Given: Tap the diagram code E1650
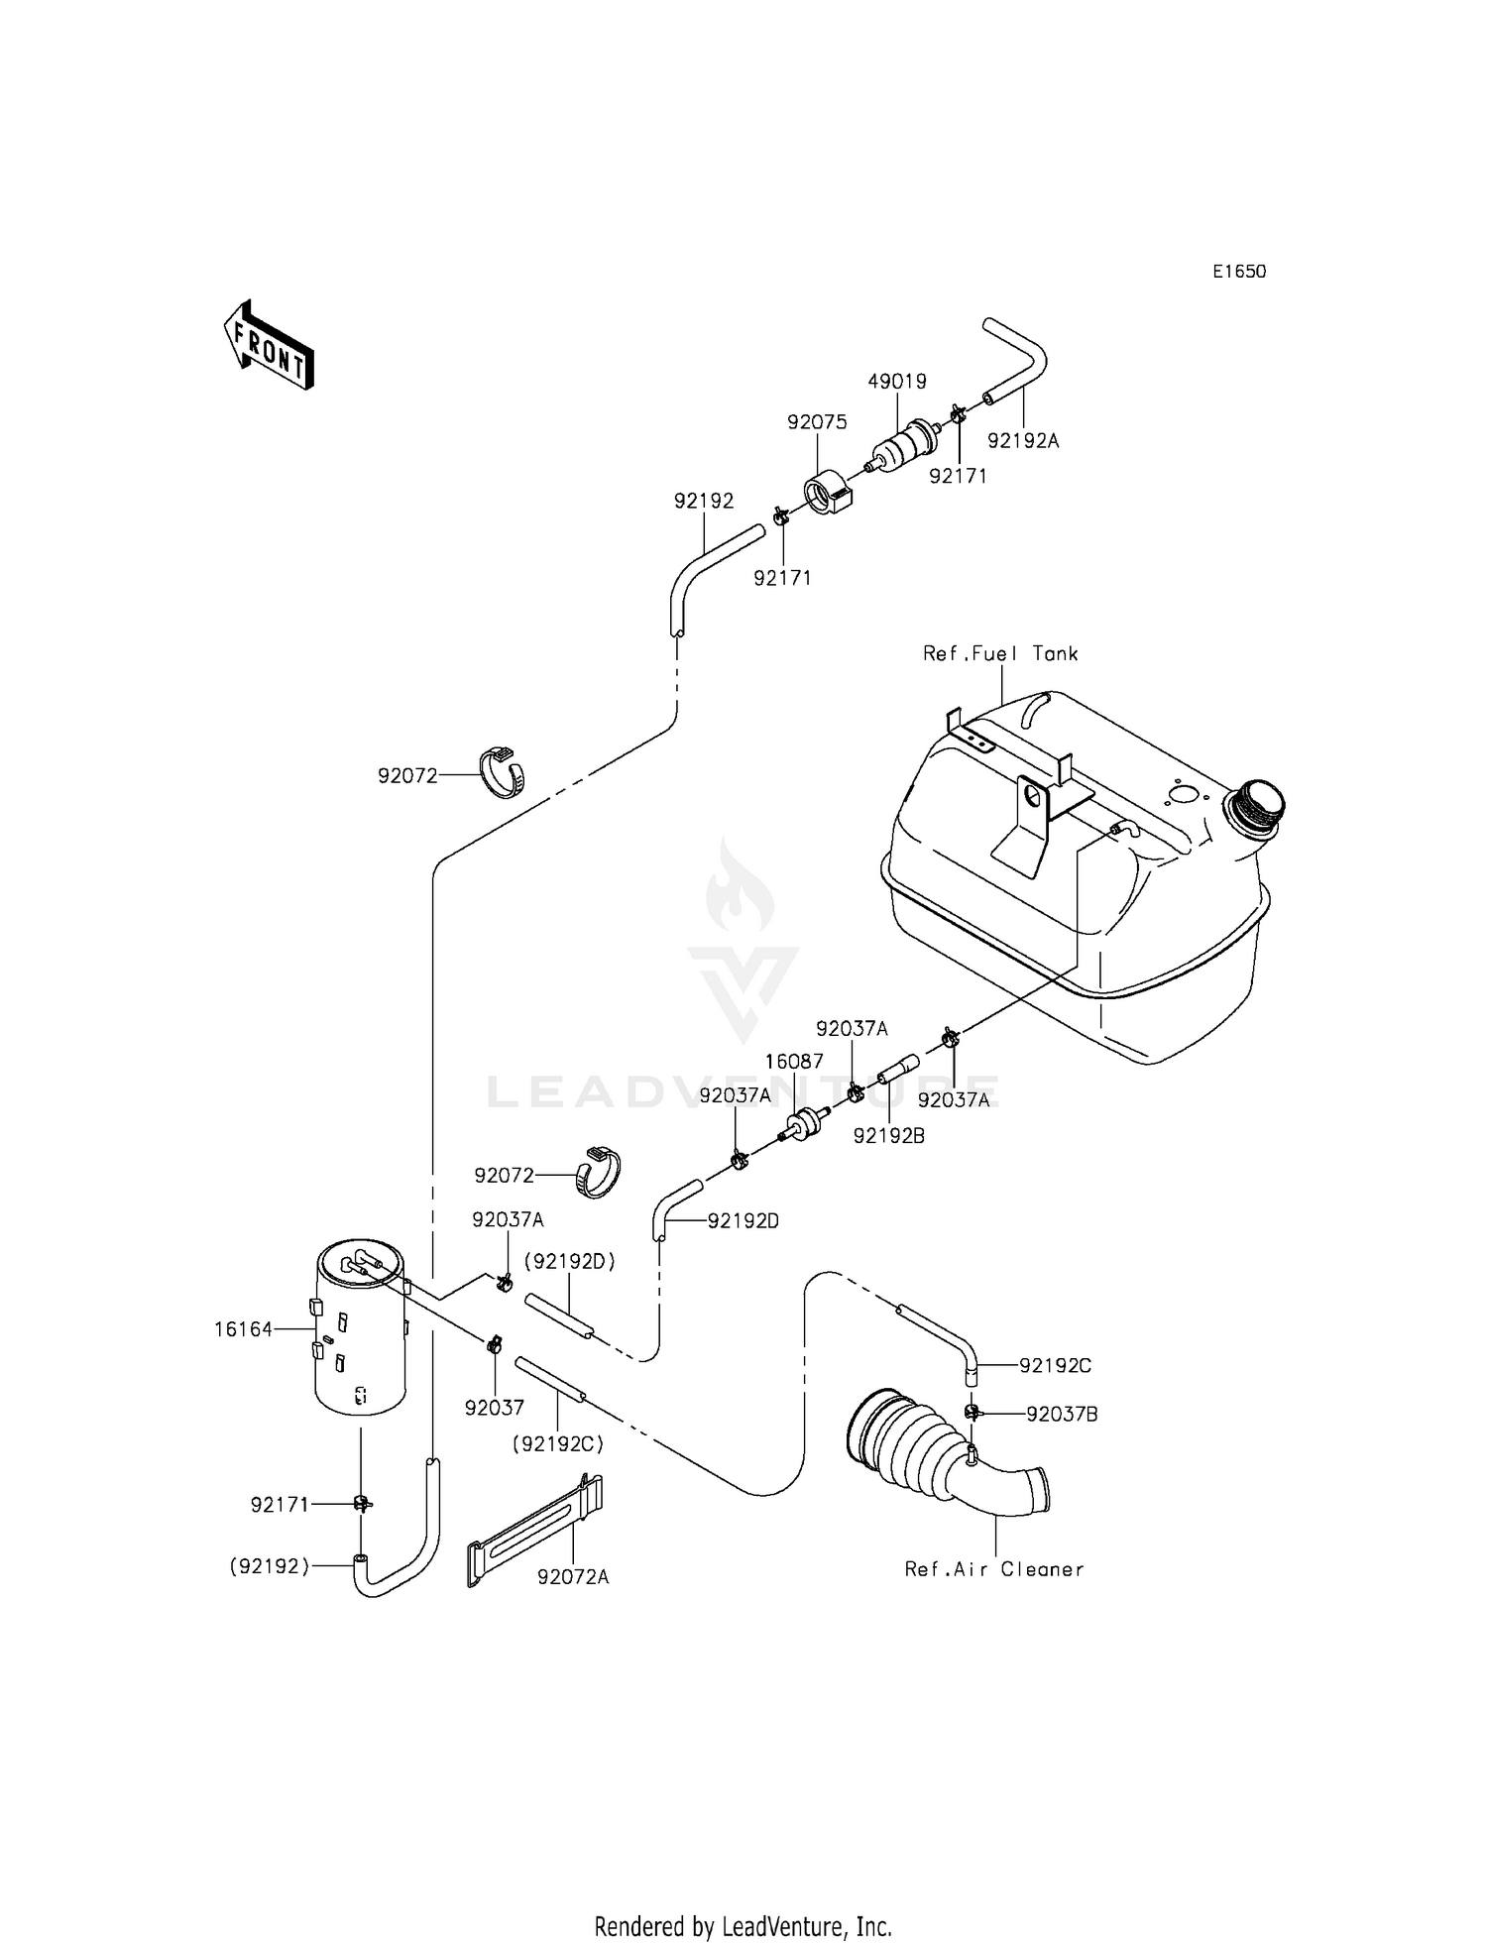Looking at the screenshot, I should pyautogui.click(x=1238, y=272).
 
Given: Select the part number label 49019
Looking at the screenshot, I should pyautogui.click(x=896, y=382).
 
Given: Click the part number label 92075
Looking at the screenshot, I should pyautogui.click(x=817, y=422).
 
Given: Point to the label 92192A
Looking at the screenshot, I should pyautogui.click(x=1023, y=441).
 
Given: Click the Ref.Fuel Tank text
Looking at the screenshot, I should pyautogui.click(x=1000, y=653).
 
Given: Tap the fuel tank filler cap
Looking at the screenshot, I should pyautogui.click(x=1256, y=801).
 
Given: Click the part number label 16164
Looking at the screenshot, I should pyautogui.click(x=243, y=1329).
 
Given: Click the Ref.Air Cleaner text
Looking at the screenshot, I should pyautogui.click(x=994, y=1569).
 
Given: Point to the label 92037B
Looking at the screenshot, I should pyautogui.click(x=1062, y=1415).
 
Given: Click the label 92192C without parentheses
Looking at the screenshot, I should pyautogui.click(x=1055, y=1366).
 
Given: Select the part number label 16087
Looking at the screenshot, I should pyautogui.click(x=794, y=1062).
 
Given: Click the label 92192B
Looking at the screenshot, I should pyautogui.click(x=888, y=1137).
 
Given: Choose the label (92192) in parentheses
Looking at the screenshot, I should pyautogui.click(x=270, y=1566).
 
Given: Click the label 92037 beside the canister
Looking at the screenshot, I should pyautogui.click(x=494, y=1408).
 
